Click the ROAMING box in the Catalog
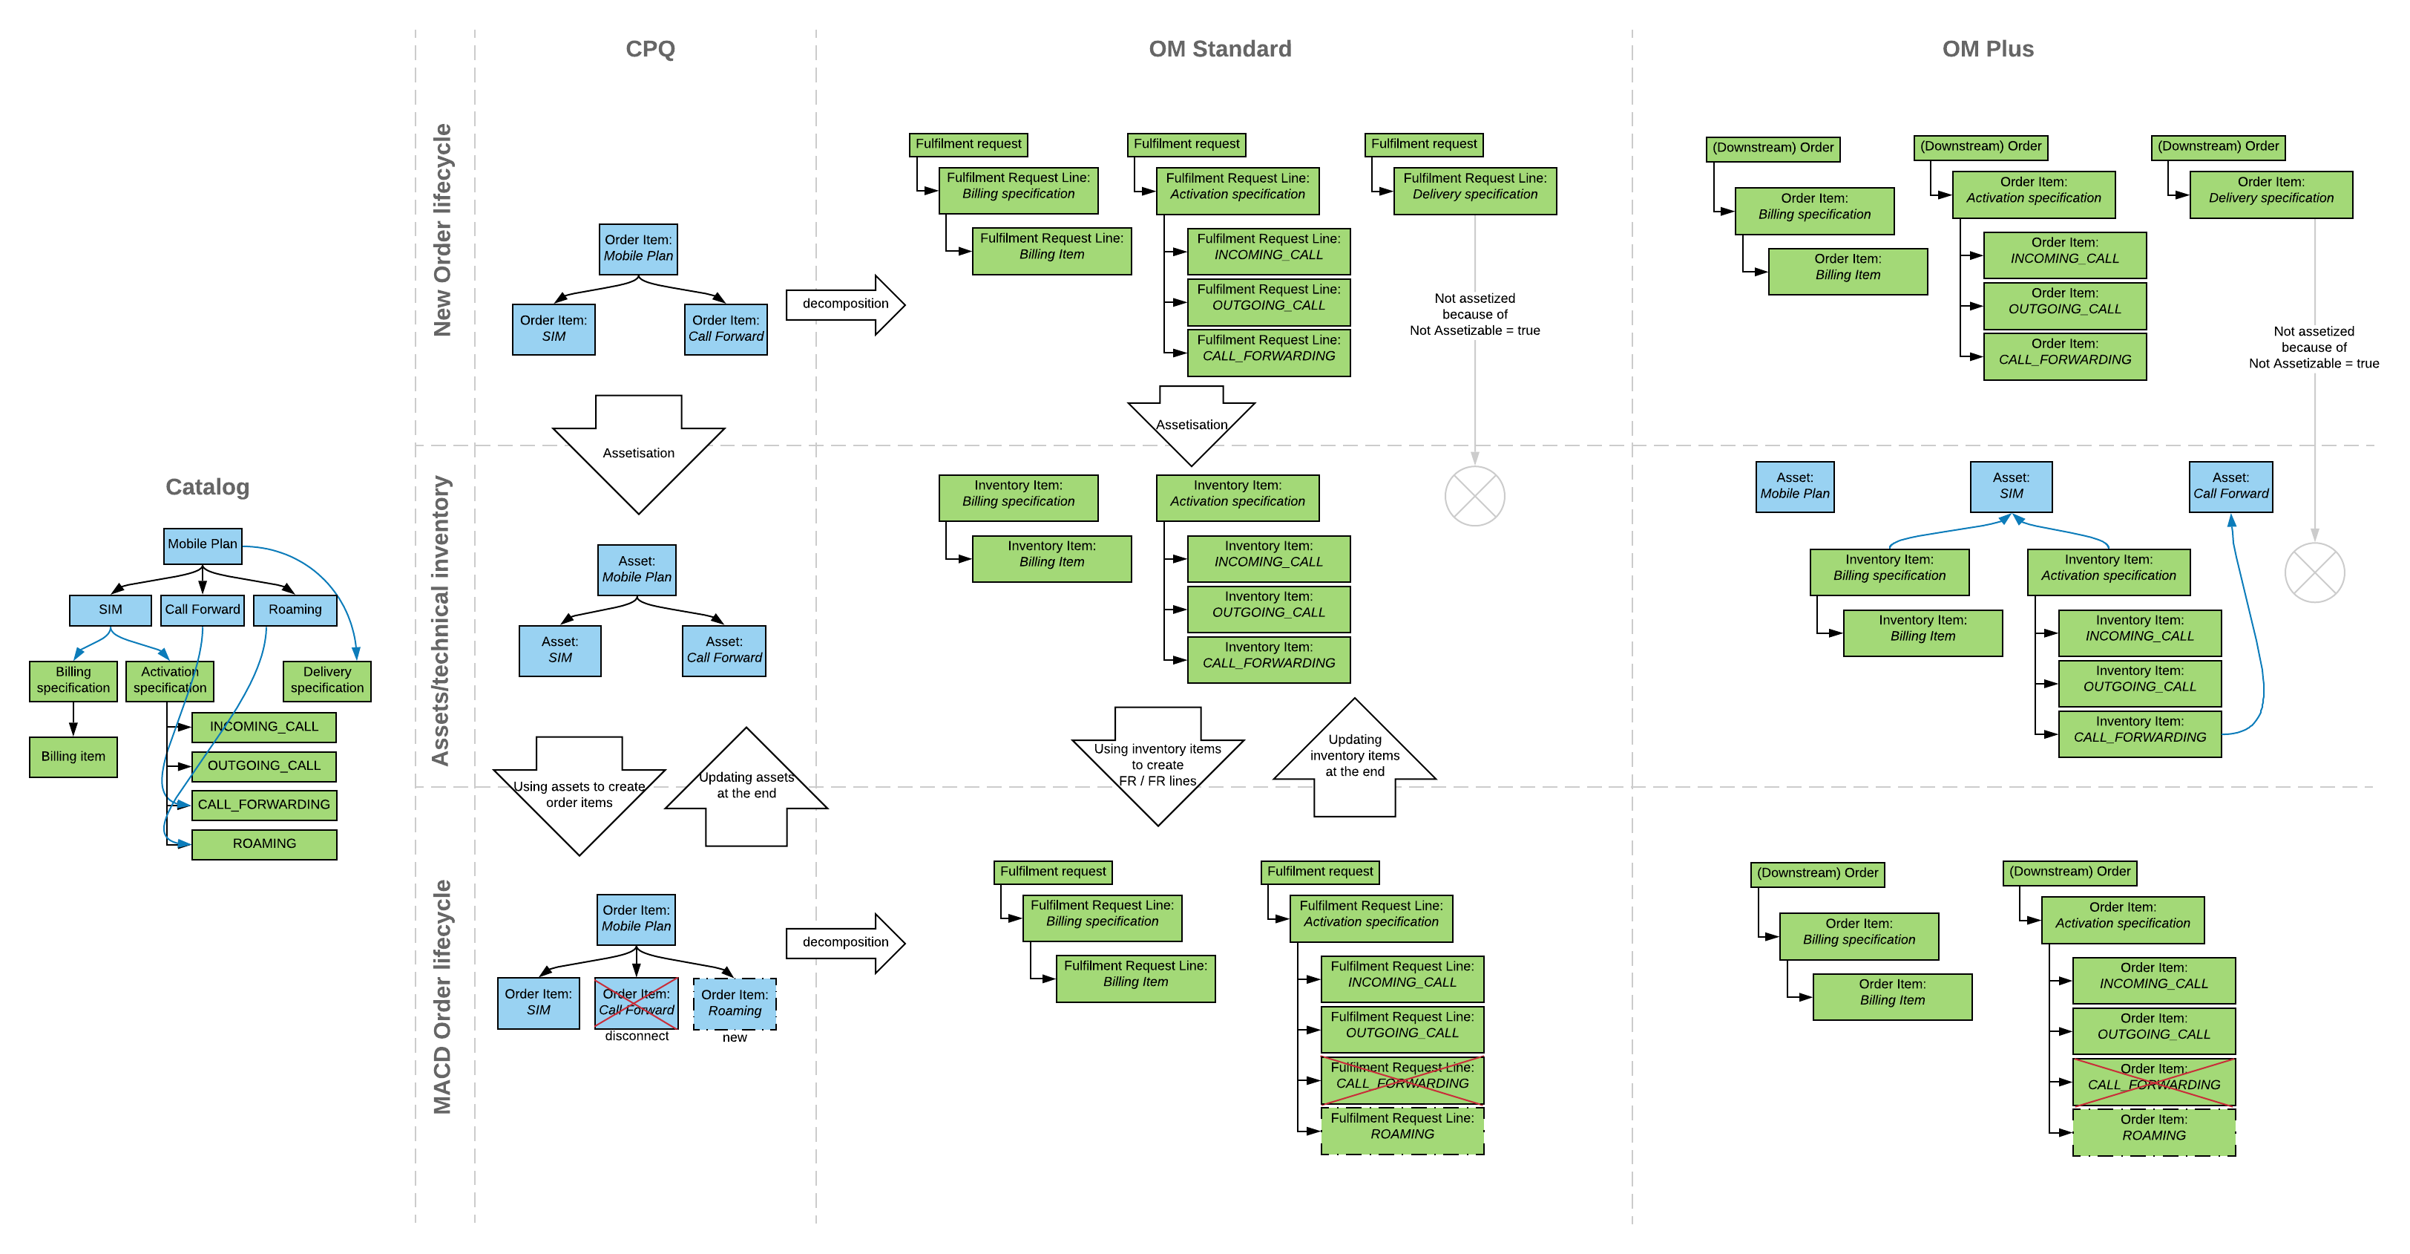click(x=264, y=844)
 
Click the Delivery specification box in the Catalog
click(x=326, y=680)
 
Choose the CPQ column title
click(x=649, y=49)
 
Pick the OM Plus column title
click(x=1987, y=49)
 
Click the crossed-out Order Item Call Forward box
click(x=636, y=1003)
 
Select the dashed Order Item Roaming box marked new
click(x=735, y=1003)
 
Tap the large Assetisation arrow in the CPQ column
click(x=638, y=454)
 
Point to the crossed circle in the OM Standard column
click(x=1474, y=496)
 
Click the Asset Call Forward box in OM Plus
click(x=2230, y=486)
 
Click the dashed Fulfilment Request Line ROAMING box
click(x=1402, y=1131)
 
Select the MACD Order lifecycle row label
click(x=441, y=996)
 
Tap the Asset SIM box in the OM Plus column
click(x=2011, y=486)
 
